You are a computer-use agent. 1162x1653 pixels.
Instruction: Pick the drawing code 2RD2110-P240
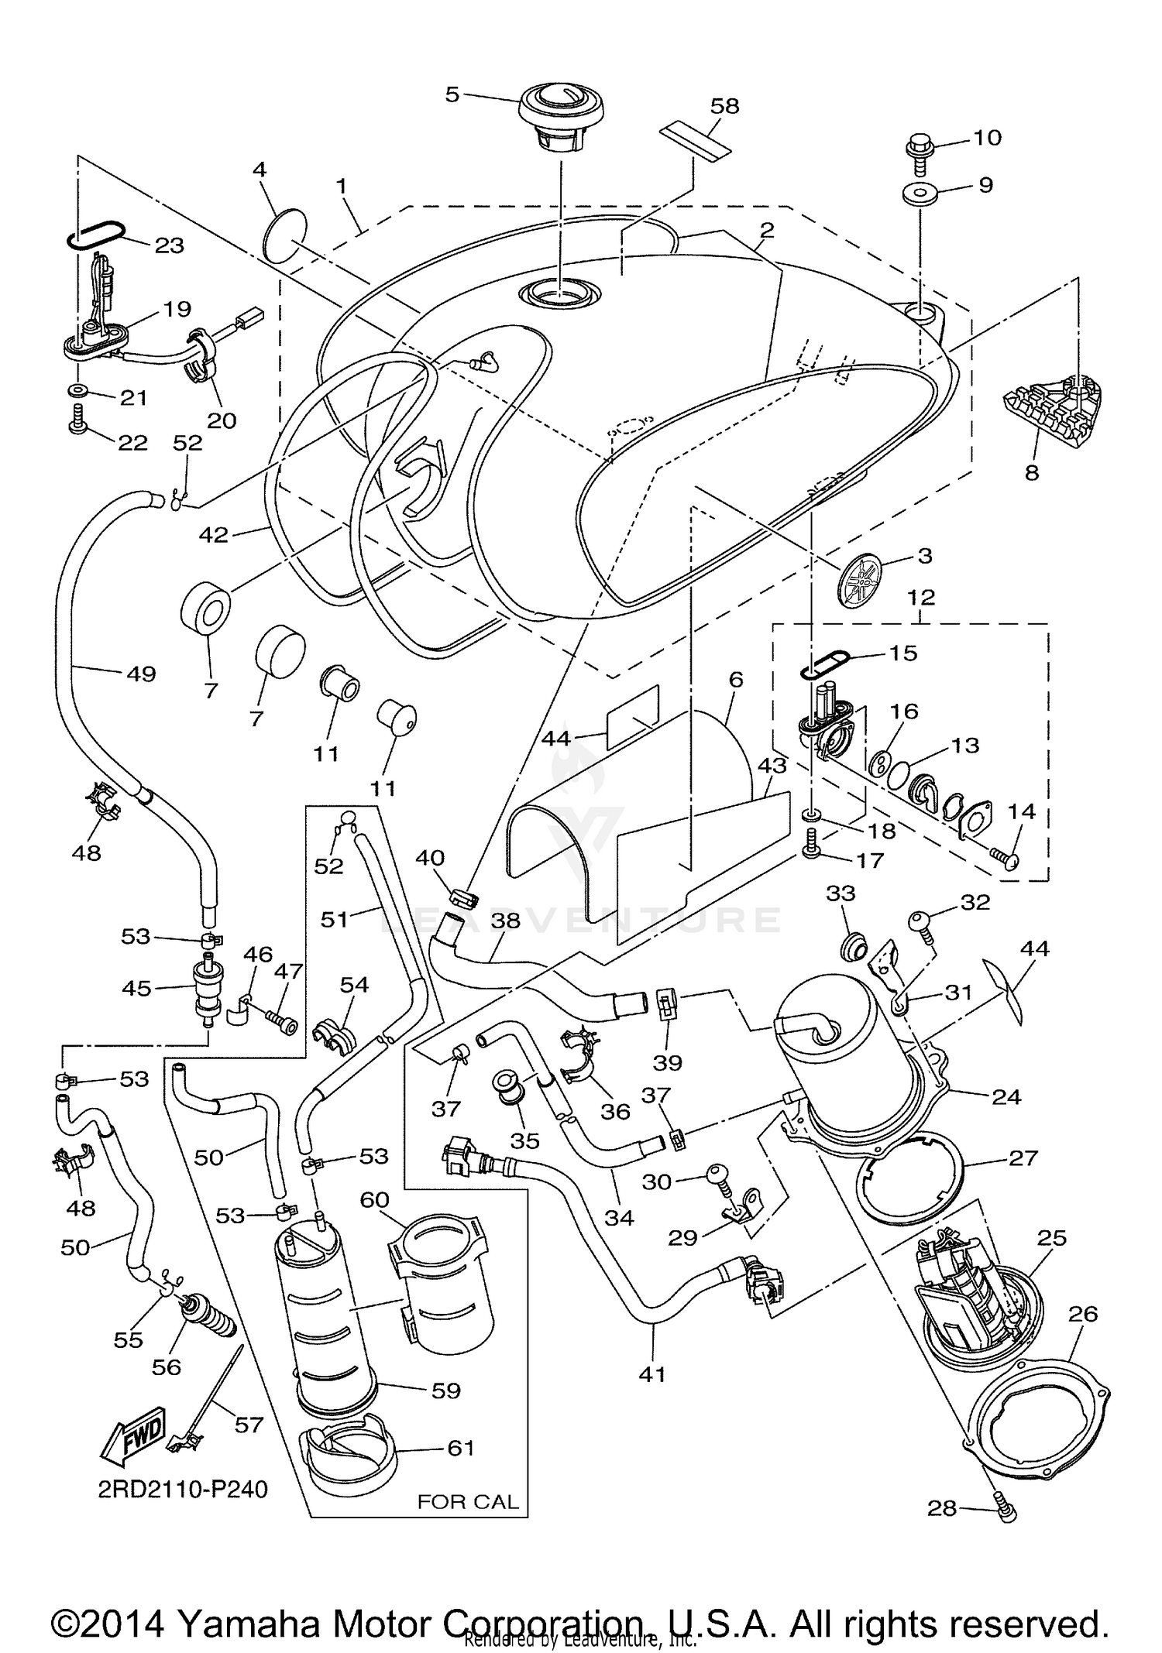point(182,1489)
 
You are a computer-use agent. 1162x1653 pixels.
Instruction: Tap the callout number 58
point(724,105)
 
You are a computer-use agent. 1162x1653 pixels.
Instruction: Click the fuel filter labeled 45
point(207,989)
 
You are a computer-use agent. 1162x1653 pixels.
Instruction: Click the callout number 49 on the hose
point(142,674)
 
